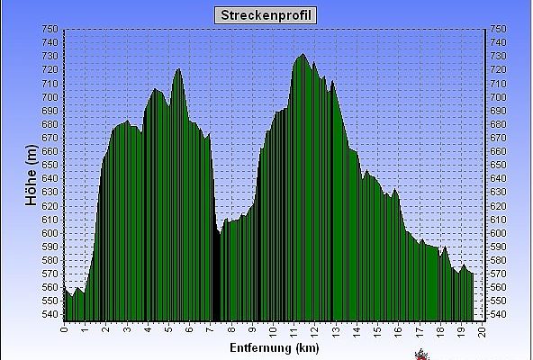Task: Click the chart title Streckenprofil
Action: tap(266, 15)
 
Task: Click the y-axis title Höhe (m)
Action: tap(32, 175)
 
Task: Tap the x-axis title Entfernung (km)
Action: tap(275, 348)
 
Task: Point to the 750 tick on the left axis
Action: tap(50, 29)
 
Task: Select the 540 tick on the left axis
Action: tap(50, 314)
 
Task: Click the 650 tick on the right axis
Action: tap(498, 165)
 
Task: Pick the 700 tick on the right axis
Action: tap(498, 97)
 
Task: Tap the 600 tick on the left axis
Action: tap(50, 233)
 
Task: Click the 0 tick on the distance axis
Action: tap(64, 329)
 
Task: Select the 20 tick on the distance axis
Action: tap(482, 331)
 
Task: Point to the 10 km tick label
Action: tap(273, 331)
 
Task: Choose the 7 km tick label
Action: tap(211, 329)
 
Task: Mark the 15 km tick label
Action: tap(377, 331)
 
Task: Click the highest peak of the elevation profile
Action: tap(303, 54)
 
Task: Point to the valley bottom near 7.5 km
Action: tap(221, 234)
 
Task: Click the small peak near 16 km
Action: tap(394, 189)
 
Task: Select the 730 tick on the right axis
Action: tap(498, 56)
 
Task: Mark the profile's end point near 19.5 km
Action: tap(473, 274)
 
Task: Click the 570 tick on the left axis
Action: tap(50, 274)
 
